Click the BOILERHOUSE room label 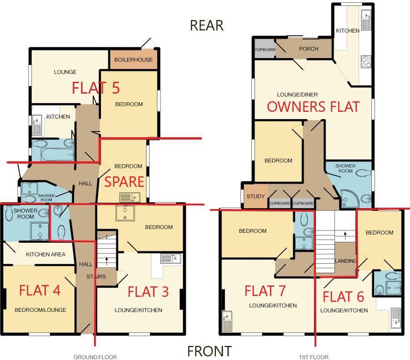point(133,60)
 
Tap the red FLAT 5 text point(95,88)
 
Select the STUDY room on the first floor point(255,196)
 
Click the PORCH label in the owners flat point(308,49)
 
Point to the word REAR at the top point(206,25)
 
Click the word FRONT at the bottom point(209,351)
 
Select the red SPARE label point(124,182)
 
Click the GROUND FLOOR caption point(95,357)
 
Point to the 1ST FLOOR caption point(314,357)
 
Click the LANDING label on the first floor point(345,261)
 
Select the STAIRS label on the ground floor point(96,276)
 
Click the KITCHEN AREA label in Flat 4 point(45,255)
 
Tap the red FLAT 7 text point(265,290)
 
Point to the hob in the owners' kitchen point(366,61)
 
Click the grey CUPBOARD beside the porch point(265,50)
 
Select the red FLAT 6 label point(343,297)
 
